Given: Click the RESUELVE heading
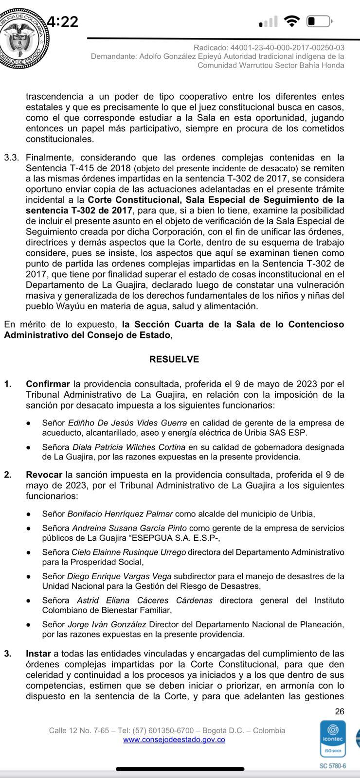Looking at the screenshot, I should (174, 359).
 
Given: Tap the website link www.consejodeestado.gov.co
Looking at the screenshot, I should (174, 740).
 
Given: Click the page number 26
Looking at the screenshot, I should (339, 711).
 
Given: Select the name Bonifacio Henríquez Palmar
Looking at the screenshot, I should (120, 513).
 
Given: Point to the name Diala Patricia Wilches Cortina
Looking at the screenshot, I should (128, 447).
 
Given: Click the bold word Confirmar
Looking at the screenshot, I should (48, 384).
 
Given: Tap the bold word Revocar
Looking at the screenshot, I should (44, 475).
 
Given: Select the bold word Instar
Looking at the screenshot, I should (38, 654).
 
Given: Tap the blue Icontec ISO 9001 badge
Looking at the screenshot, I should (332, 739).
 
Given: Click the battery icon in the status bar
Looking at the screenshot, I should (319, 21).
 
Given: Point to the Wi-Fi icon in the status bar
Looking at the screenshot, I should (292, 21).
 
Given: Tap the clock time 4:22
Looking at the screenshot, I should (62, 21).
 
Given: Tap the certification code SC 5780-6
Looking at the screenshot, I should (333, 766).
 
